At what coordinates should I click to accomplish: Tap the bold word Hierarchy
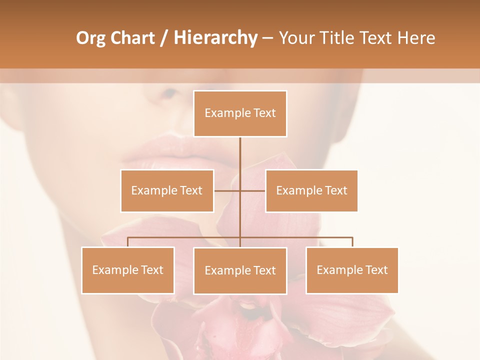215,38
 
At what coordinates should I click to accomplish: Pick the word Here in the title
416,38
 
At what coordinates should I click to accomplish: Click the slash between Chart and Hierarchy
164,38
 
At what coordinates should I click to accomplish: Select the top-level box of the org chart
240,113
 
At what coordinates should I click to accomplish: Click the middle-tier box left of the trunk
167,190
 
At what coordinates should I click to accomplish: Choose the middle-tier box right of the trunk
311,190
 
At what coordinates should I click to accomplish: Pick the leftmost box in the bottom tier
128,270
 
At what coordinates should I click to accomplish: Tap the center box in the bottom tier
240,270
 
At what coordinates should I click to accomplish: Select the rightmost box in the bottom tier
352,270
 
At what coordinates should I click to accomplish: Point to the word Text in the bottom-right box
376,270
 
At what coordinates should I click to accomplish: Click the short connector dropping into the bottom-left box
128,242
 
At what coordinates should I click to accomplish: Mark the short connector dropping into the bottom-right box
352,242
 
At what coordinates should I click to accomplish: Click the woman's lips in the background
160,150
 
